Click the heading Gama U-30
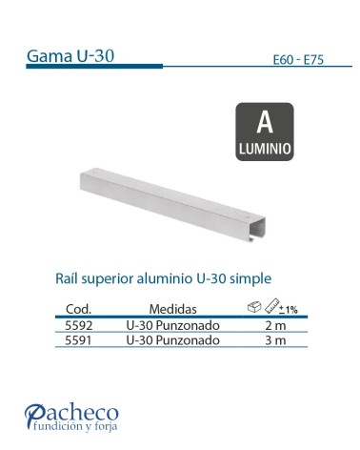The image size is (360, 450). tap(71, 54)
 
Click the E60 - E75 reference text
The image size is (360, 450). tap(298, 59)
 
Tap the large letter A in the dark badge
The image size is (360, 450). tap(266, 123)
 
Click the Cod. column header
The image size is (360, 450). tap(77, 310)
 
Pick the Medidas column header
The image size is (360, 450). tap(173, 310)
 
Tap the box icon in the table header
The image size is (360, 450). tap(253, 307)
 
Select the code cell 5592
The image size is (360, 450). tap(77, 325)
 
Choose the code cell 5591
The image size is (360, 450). tap(77, 339)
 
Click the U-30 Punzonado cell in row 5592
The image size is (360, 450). tap(173, 325)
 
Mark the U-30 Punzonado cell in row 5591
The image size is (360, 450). tap(173, 339)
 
